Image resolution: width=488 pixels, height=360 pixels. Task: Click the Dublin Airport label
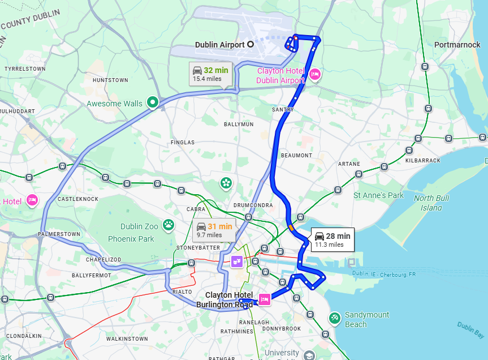coord(219,44)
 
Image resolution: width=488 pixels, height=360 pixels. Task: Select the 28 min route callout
coord(332,239)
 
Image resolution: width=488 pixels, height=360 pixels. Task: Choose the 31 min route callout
coord(214,230)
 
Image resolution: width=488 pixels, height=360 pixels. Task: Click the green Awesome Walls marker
coord(152,102)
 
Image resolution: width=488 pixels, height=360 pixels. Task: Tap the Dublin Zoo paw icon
coord(169,225)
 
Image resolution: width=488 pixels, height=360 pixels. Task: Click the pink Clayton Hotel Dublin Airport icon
coord(316,74)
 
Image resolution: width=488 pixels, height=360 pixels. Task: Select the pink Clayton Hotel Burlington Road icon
coord(264,298)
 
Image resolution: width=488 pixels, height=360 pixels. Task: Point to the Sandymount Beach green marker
coord(334,318)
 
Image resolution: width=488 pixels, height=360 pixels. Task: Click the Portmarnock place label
coord(457,45)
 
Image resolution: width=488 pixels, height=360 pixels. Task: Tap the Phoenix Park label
coord(131,239)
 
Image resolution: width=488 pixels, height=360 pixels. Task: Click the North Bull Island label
coord(431,203)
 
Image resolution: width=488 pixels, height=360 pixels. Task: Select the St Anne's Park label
coord(378,195)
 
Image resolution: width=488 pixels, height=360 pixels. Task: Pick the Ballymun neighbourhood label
coord(239,124)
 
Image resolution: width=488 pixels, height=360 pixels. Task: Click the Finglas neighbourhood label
coord(182,142)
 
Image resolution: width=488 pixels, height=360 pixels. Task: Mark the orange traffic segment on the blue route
coord(291,228)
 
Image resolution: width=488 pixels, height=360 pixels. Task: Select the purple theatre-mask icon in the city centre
coord(237,262)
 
